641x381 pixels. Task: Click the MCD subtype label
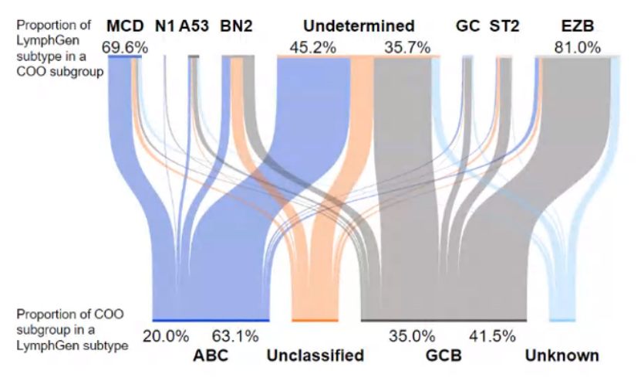(125, 26)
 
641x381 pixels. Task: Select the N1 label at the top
(165, 26)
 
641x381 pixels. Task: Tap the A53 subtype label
(194, 26)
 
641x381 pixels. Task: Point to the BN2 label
(236, 26)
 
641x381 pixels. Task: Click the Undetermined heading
(359, 26)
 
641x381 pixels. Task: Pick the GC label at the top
(467, 26)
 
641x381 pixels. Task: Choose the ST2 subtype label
(504, 26)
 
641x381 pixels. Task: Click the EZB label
(578, 26)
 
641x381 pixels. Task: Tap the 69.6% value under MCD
(125, 47)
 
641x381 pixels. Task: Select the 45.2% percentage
(312, 47)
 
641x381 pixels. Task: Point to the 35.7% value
(407, 47)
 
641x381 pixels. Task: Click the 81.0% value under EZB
(577, 47)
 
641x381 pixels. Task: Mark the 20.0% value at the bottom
(166, 336)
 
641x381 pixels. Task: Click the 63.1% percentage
(235, 336)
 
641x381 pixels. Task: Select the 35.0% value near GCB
(412, 336)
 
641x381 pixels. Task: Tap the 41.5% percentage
(492, 336)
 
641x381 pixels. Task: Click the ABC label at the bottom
(211, 355)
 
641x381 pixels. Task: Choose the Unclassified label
(315, 355)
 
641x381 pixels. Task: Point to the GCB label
(444, 355)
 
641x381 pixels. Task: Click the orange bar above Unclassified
(315, 320)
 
